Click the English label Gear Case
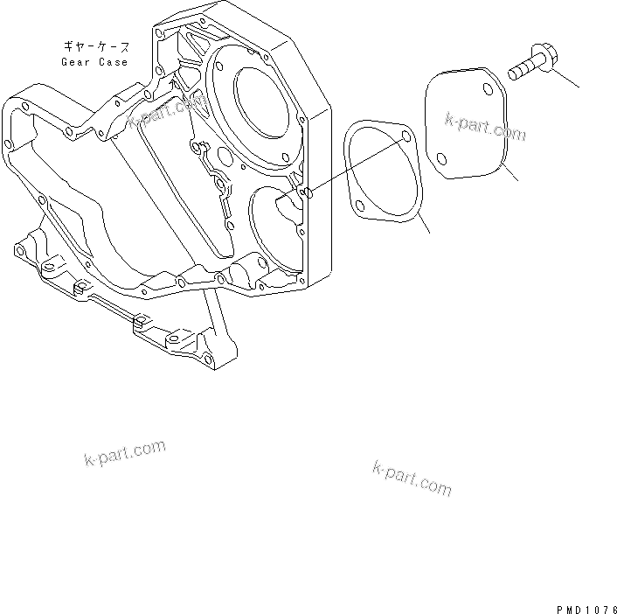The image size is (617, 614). [94, 62]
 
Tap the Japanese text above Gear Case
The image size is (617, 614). [95, 45]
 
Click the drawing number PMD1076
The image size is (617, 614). [584, 604]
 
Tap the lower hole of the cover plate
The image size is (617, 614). [442, 159]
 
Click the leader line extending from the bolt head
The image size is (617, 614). [566, 77]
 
